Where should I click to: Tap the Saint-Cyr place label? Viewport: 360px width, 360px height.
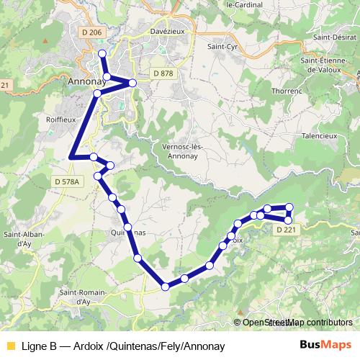tap(221, 48)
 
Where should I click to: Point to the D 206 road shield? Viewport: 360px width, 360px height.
tap(91, 32)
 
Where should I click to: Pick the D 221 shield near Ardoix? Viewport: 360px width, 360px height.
tap(286, 229)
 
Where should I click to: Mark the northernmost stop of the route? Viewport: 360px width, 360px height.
tap(102, 53)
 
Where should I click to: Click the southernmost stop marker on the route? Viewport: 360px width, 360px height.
tap(166, 287)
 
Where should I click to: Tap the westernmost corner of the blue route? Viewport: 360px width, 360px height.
tap(71, 157)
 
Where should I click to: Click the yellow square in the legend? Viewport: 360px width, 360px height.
tap(10, 346)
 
